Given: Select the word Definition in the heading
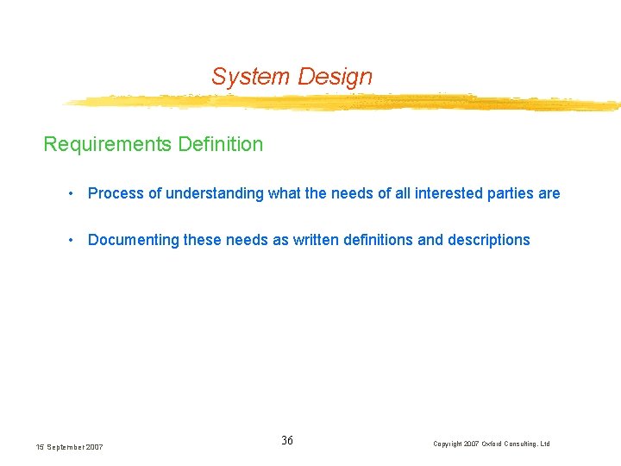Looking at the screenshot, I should click(220, 144).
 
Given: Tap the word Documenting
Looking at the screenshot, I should click(134, 240).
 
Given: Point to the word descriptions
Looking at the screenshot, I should click(488, 240).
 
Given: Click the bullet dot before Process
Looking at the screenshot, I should click(72, 193).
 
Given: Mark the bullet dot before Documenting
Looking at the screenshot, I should click(72, 240).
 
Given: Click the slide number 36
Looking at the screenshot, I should click(287, 441).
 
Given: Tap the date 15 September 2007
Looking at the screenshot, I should click(69, 447).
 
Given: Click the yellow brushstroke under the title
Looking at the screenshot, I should click(345, 103).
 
